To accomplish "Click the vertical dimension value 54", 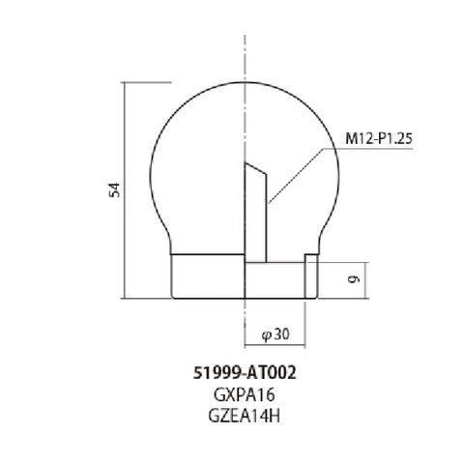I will (x=114, y=189).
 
